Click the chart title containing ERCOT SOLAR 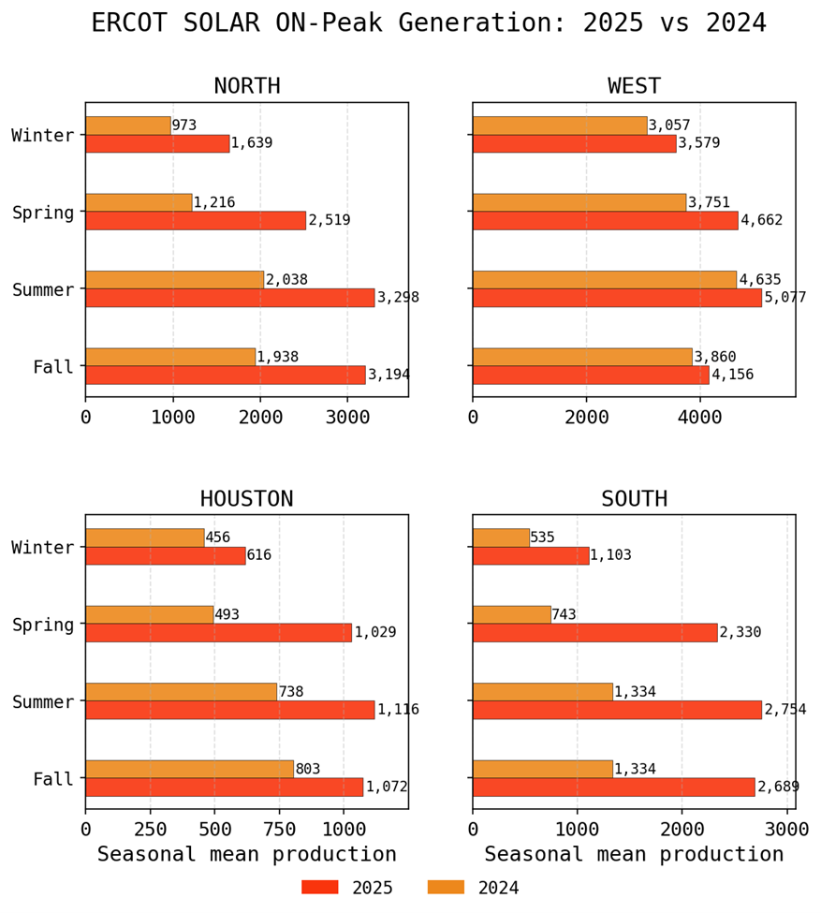[x=429, y=23]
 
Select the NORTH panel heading [x=247, y=87]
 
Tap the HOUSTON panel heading [x=247, y=499]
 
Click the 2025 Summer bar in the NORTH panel [x=229, y=298]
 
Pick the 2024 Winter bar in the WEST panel [x=560, y=125]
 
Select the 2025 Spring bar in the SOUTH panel [x=594, y=632]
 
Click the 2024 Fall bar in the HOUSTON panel [x=189, y=769]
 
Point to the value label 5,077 [x=784, y=298]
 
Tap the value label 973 [x=183, y=125]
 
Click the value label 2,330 [x=740, y=632]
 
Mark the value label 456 [x=218, y=537]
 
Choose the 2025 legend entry [x=347, y=888]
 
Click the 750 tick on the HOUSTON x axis [x=278, y=829]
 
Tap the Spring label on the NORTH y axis [x=43, y=213]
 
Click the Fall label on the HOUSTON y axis [x=53, y=779]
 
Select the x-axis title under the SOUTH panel [x=634, y=854]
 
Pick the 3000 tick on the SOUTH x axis [x=786, y=829]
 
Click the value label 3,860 [x=715, y=357]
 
